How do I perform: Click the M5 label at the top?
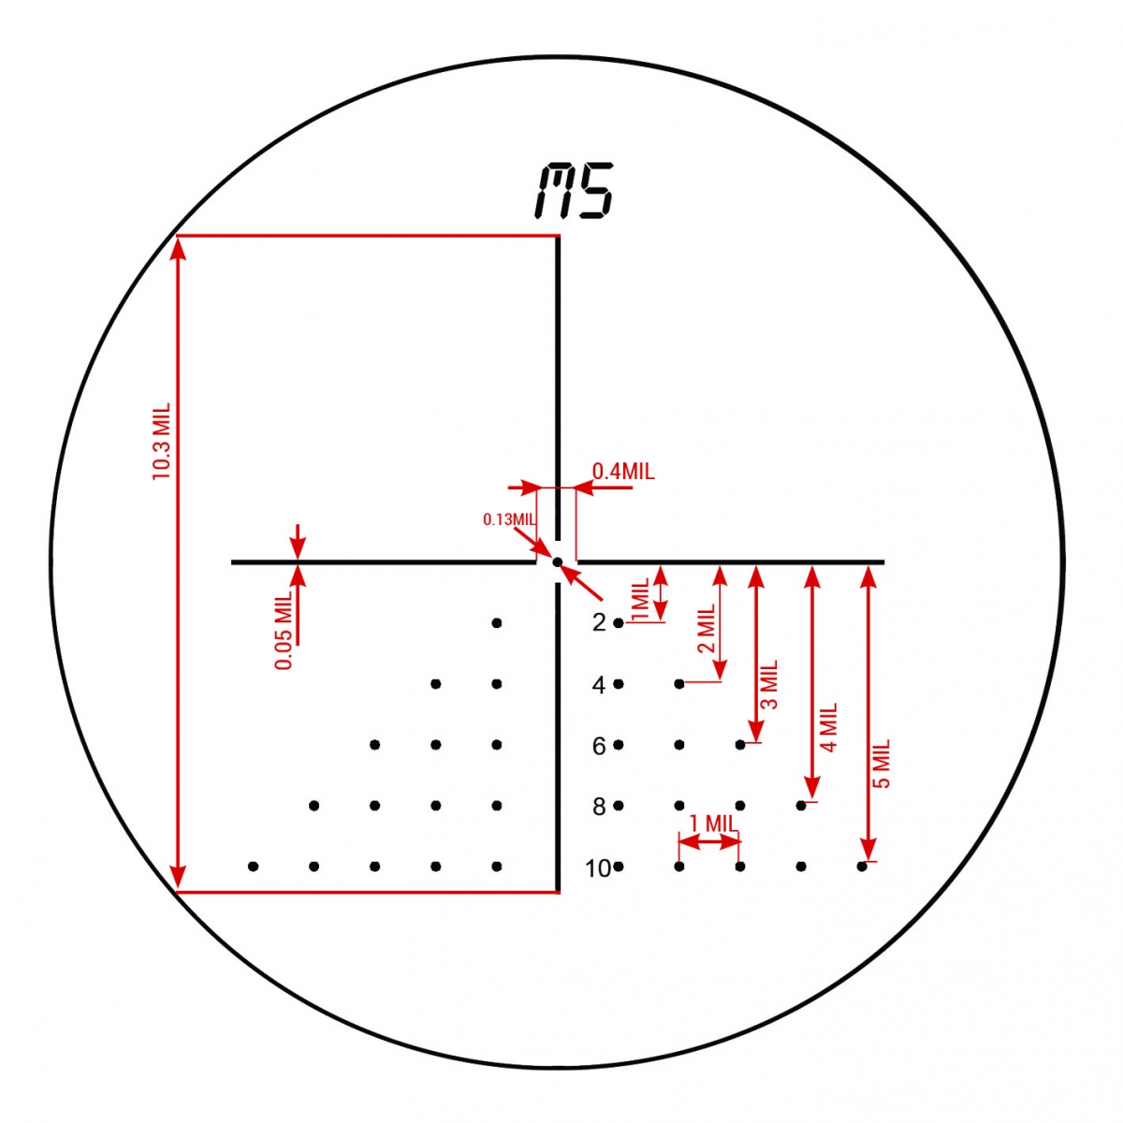point(574,191)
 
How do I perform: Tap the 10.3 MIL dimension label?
point(161,441)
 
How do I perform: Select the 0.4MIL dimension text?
point(623,471)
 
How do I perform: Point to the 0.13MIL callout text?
point(508,519)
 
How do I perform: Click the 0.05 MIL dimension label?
point(284,631)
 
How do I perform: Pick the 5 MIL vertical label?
point(882,764)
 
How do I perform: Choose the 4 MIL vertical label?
point(829,727)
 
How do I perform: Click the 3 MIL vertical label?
point(769,685)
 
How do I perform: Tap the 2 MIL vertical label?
point(706,628)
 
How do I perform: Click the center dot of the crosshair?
point(557,561)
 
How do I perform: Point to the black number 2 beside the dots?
point(599,623)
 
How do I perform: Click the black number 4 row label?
point(599,685)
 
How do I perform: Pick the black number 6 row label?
point(599,746)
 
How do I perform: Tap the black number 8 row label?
point(599,807)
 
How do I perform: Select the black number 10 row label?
point(598,868)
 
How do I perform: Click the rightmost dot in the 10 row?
point(862,867)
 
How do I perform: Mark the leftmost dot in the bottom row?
point(253,867)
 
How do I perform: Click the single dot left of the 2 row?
point(497,623)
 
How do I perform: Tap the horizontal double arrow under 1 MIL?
point(709,842)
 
